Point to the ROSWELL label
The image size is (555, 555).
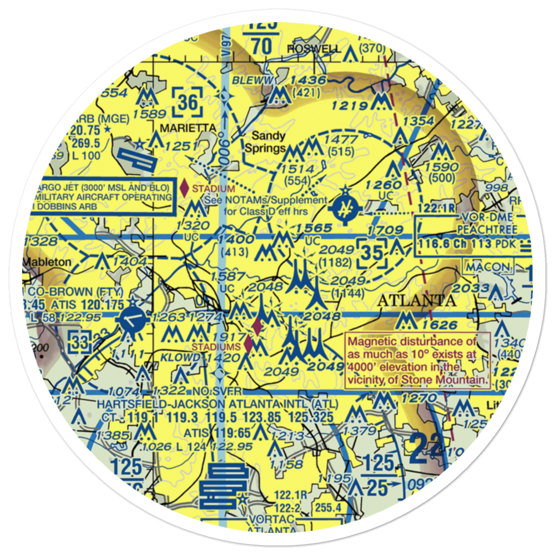(x=314, y=49)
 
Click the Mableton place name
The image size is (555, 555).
(x=47, y=261)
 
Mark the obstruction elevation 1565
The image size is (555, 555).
(x=314, y=228)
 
